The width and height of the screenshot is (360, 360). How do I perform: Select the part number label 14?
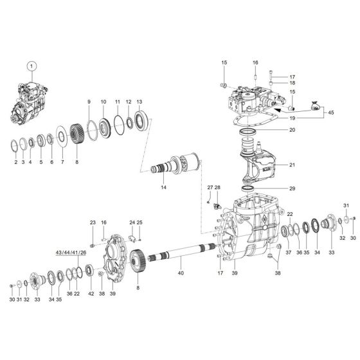[163, 188]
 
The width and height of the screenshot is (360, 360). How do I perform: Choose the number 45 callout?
[331, 114]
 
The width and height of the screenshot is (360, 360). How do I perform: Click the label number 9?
[89, 103]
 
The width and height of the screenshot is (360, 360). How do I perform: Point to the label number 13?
[139, 103]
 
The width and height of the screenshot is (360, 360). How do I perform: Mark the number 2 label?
[16, 163]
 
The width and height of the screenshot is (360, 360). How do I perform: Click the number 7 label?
[62, 163]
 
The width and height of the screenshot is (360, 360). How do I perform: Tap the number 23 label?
[92, 222]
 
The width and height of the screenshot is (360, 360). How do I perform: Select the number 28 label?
[217, 187]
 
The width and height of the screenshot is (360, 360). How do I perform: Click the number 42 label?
[91, 294]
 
